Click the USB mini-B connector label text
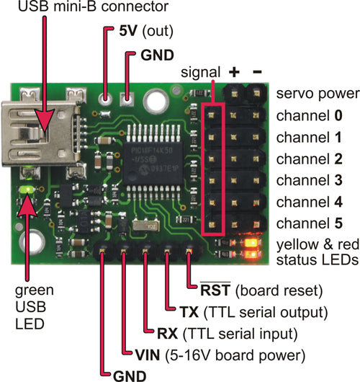(x=85, y=9)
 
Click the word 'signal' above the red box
(x=197, y=75)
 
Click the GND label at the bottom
(x=130, y=374)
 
